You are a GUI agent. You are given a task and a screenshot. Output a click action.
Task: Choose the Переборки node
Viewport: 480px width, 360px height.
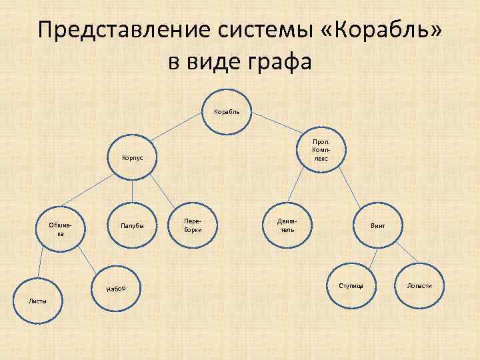tap(193, 223)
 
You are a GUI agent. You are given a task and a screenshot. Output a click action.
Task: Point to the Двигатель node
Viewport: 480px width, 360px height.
tap(287, 224)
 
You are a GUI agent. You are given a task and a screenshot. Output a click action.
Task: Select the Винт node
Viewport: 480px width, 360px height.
tap(378, 226)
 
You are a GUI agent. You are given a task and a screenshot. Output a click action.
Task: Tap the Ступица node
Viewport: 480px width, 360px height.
tap(351, 286)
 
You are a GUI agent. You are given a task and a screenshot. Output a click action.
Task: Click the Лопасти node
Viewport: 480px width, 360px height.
tap(419, 286)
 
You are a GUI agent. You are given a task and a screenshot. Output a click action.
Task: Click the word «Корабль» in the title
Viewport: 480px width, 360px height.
tap(382, 31)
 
